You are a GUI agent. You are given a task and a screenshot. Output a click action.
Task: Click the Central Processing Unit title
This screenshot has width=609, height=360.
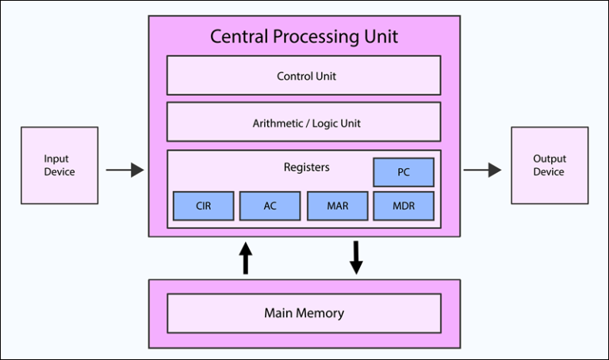pyautogui.click(x=304, y=36)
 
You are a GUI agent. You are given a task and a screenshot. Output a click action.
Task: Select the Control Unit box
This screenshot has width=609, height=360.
pyautogui.click(x=304, y=76)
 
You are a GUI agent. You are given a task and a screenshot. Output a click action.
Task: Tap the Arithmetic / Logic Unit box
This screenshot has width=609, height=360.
pyautogui.click(x=304, y=123)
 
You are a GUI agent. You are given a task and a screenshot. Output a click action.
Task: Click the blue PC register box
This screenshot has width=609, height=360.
pyautogui.click(x=404, y=172)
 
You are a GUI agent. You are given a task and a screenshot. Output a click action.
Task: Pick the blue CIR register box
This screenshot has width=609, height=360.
pyautogui.click(x=204, y=206)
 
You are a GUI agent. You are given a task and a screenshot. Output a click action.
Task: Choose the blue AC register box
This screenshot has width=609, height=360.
pyautogui.click(x=270, y=206)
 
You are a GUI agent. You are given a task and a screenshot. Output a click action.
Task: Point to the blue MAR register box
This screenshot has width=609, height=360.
pyautogui.click(x=337, y=206)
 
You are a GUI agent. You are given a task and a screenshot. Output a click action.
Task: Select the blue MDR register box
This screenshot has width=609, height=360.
pyautogui.click(x=404, y=206)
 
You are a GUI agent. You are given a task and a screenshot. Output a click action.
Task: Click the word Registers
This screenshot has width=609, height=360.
pyautogui.click(x=306, y=167)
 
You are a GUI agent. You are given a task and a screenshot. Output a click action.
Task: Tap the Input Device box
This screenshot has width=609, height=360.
pyautogui.click(x=60, y=165)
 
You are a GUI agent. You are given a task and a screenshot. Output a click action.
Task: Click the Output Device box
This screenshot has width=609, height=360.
pyautogui.click(x=549, y=165)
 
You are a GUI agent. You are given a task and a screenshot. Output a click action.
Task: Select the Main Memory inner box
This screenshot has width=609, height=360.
pyautogui.click(x=304, y=313)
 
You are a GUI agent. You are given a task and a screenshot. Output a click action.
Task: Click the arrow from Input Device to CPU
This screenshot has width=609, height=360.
pyautogui.click(x=124, y=169)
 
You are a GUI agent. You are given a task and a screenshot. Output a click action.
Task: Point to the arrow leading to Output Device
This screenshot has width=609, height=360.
pyautogui.click(x=482, y=169)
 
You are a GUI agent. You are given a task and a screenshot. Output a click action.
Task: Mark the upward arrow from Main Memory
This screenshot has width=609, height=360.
pyautogui.click(x=245, y=259)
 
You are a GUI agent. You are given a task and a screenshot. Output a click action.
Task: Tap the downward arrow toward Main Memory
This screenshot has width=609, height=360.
pyautogui.click(x=356, y=257)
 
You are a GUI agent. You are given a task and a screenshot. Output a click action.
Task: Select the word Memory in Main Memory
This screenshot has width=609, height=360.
pyautogui.click(x=321, y=313)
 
